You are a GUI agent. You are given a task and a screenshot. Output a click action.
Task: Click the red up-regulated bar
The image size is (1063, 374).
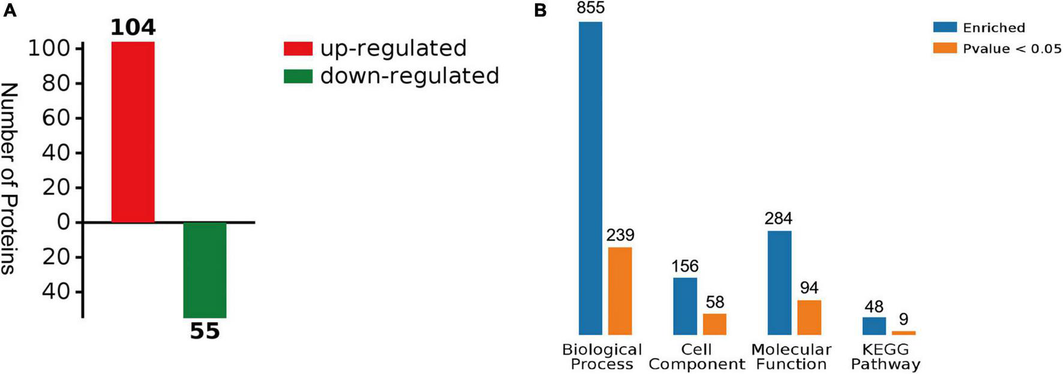[x=133, y=132]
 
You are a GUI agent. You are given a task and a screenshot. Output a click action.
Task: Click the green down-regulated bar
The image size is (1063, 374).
[x=205, y=270]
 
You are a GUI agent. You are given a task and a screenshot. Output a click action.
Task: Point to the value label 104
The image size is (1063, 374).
[x=133, y=28]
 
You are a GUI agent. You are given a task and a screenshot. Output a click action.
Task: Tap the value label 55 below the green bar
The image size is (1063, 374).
[x=205, y=331]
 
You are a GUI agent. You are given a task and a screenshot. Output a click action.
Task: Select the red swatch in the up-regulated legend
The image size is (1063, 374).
[x=298, y=49]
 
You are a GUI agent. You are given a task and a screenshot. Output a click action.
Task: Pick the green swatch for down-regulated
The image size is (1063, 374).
[x=298, y=76]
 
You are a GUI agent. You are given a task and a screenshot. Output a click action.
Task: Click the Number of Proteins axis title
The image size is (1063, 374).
[x=8, y=178]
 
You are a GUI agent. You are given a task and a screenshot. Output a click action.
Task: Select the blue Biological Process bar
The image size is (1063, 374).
[x=590, y=178]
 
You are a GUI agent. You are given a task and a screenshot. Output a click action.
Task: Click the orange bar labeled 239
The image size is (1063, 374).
[x=620, y=291]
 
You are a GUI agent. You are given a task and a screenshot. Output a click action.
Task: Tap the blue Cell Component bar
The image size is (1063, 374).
[x=685, y=306]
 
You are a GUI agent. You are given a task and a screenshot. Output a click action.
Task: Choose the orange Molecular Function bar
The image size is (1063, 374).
[x=809, y=317]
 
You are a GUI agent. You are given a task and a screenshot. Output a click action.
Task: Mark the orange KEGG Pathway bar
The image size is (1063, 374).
[x=903, y=333]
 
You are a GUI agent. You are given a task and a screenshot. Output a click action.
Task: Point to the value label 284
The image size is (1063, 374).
[x=779, y=219]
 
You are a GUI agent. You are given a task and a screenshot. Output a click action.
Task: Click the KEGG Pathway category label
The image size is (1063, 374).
[x=885, y=357]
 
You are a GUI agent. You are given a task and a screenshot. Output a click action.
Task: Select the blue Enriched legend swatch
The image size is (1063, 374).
[x=945, y=27]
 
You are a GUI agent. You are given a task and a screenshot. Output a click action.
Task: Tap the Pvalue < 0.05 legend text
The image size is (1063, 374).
[x=1012, y=49]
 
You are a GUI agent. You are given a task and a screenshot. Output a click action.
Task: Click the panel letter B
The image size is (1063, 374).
[x=540, y=11]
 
